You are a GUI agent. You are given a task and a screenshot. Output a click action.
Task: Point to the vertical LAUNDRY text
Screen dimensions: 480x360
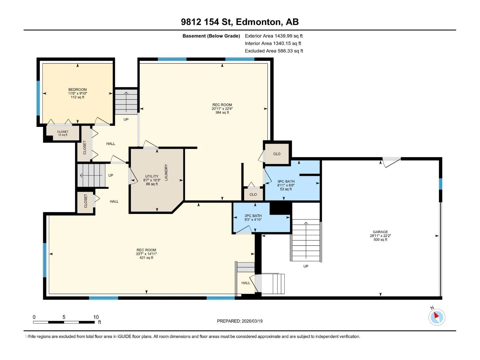[166, 172]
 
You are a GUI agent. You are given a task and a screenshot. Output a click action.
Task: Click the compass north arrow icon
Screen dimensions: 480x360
[437, 317]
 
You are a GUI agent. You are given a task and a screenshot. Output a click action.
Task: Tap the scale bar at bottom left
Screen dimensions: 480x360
[64, 322]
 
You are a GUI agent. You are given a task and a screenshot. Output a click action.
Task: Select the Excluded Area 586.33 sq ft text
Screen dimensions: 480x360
[274, 51]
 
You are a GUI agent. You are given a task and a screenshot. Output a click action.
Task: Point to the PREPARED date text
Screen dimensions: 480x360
[240, 321]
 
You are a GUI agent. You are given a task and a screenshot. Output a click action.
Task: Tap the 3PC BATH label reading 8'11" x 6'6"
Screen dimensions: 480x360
[286, 185]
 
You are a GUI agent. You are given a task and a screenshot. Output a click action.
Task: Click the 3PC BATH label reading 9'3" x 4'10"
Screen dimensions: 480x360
[253, 217]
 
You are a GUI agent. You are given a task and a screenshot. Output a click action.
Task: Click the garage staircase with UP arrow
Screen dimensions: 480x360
[306, 240]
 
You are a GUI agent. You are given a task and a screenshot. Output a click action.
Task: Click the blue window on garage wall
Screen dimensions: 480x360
[440, 184]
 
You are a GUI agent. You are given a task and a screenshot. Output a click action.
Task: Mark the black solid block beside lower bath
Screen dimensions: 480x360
[280, 208]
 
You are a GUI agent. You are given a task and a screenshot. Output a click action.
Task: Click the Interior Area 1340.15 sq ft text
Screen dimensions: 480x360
[273, 43]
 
